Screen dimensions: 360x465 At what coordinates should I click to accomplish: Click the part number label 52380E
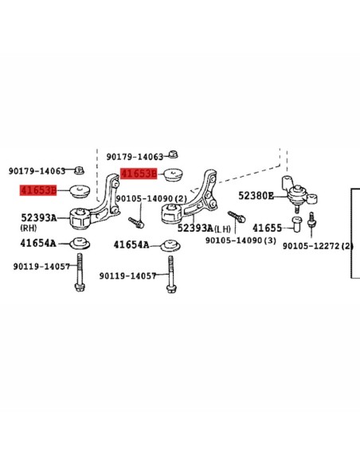coord(256,196)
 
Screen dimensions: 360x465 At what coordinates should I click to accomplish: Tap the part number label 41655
coord(267,228)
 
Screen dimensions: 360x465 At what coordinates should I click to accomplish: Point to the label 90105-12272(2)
coord(318,246)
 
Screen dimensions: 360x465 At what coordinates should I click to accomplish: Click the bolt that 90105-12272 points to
coord(311,220)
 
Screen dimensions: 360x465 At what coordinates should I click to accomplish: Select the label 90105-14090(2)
coord(151,198)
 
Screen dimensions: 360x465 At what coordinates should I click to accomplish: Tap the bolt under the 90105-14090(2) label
coord(136,223)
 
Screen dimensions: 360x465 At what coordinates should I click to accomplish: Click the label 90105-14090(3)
coord(241,240)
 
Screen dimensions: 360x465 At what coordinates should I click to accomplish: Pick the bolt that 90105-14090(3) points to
coord(237,217)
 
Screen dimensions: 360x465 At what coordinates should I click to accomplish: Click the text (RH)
coord(29,228)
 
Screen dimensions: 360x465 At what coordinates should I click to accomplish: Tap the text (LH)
coord(222,229)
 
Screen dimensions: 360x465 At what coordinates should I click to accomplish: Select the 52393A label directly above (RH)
coord(38,218)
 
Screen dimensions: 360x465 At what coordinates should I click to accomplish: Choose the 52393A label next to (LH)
coord(195,228)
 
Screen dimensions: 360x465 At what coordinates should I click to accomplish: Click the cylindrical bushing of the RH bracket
coord(80,219)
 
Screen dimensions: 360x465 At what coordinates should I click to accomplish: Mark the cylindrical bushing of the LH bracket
coord(171,213)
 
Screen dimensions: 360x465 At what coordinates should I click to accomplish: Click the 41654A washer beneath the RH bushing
coord(80,243)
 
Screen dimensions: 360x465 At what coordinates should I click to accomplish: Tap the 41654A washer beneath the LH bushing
coord(170,245)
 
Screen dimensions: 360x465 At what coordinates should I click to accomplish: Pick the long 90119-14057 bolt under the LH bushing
coord(170,275)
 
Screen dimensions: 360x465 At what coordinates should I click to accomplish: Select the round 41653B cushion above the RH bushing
coord(80,191)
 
